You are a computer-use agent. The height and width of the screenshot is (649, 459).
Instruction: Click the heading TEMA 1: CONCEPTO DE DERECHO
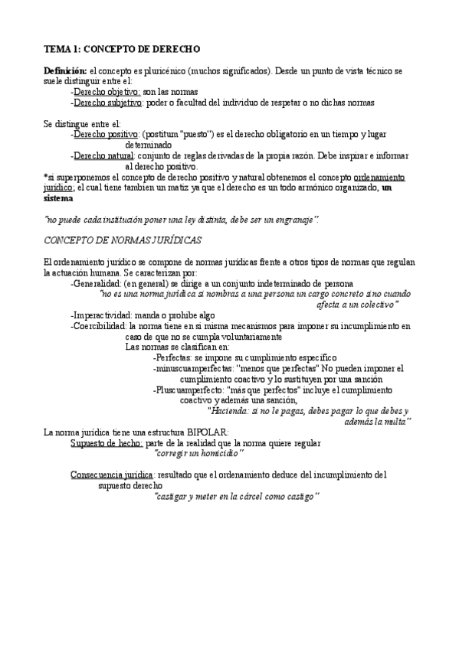(122, 49)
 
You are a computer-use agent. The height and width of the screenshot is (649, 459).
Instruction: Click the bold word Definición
(66, 70)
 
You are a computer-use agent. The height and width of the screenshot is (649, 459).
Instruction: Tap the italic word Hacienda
(231, 411)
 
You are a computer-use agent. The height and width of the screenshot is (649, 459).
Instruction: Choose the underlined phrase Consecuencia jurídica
(112, 475)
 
